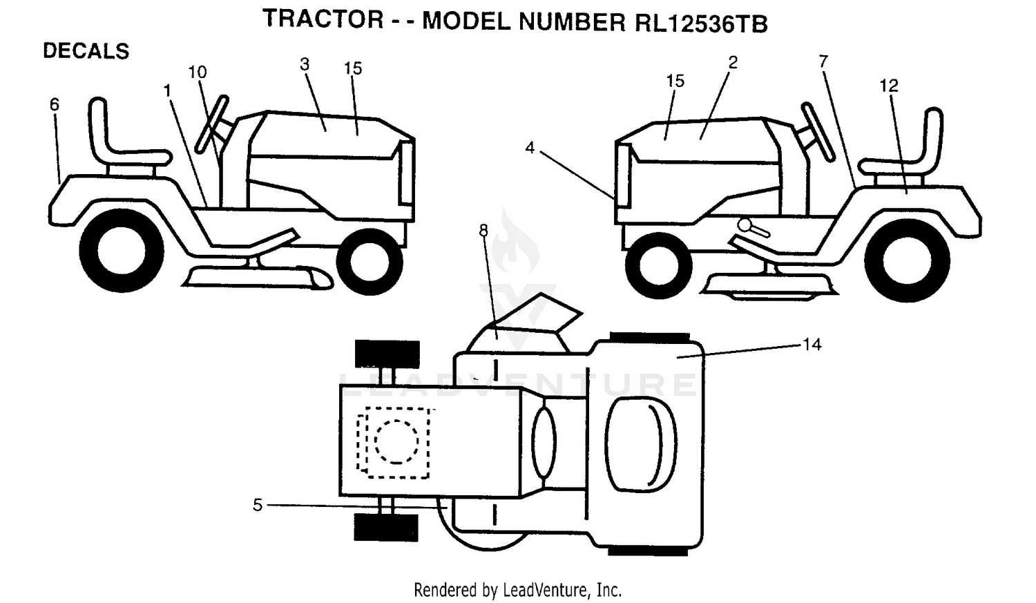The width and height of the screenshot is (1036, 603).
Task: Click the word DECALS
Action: (x=86, y=51)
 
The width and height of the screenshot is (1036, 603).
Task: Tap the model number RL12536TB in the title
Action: (x=701, y=23)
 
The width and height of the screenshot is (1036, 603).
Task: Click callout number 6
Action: (x=55, y=104)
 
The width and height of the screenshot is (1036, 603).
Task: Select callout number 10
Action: (x=198, y=72)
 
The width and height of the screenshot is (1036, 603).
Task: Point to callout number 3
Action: (x=305, y=64)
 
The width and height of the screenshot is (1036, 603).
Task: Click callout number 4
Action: (x=530, y=148)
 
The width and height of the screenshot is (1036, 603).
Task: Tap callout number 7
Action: (x=823, y=61)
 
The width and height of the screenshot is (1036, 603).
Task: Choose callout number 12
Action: (x=888, y=86)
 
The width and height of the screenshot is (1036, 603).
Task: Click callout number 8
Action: (x=483, y=230)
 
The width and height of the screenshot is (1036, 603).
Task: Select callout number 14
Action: (x=812, y=345)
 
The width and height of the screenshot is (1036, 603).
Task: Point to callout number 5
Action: (x=258, y=504)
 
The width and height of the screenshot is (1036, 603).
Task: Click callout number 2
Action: (x=733, y=62)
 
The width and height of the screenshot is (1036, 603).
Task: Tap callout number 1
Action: (x=167, y=90)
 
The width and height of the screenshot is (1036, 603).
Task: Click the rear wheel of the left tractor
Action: (x=122, y=250)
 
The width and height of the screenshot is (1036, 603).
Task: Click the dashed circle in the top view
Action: (x=396, y=441)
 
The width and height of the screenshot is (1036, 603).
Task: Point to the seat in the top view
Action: (x=641, y=445)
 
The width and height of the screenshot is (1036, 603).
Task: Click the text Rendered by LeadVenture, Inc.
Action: (x=517, y=590)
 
